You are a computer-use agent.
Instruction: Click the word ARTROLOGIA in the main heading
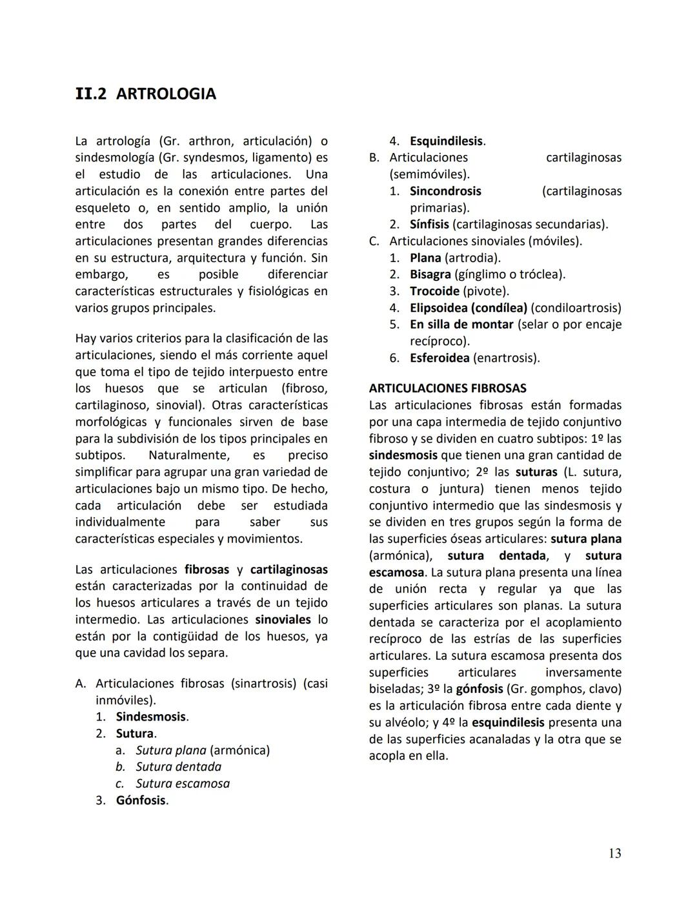tap(166, 94)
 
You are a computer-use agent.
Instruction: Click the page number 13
tap(614, 854)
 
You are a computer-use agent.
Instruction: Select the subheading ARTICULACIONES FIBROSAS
tap(447, 388)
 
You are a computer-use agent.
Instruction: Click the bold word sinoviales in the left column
tap(283, 620)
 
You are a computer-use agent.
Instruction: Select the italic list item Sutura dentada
tap(178, 767)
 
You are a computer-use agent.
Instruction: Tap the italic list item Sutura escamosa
tap(183, 784)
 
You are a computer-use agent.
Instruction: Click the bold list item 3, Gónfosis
tap(141, 801)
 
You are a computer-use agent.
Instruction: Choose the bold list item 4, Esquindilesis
tap(446, 141)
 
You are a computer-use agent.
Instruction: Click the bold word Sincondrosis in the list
tap(445, 191)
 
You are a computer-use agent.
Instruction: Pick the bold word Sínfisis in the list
tap(429, 225)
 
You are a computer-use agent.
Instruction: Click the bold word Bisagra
tap(430, 274)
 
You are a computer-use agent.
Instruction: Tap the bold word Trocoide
tap(434, 291)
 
